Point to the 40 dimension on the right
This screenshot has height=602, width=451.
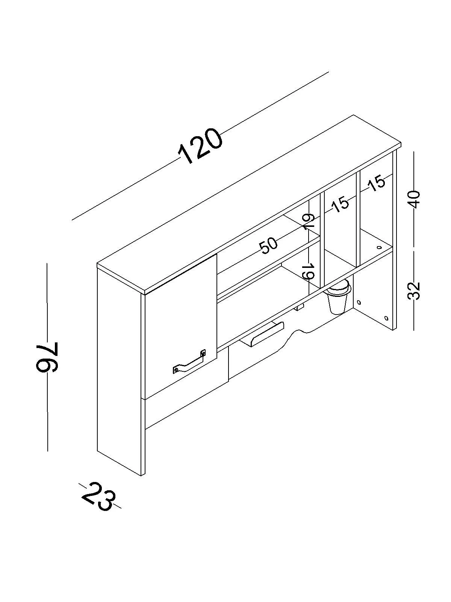coord(414,199)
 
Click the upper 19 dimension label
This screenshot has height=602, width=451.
coord(308,222)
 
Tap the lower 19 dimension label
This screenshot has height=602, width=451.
coord(308,271)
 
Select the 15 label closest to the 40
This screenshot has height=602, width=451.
coord(377,183)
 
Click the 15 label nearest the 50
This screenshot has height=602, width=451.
coord(340,204)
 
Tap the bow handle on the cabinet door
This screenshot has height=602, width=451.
coord(190,363)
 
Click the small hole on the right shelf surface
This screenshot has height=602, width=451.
coord(379,248)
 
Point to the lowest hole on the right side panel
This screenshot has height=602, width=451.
coord(387,318)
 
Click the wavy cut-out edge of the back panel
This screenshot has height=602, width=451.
coord(297,333)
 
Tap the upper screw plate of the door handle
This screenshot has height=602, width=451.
coord(203,353)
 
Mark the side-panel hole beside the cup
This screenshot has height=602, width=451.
coord(359,302)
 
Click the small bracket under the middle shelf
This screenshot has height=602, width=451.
coord(299,308)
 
